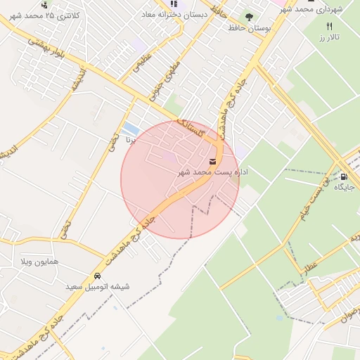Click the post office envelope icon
click(213, 162)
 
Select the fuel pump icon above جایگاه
click(344, 176)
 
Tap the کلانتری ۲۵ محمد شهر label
click(56, 15)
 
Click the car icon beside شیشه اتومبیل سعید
click(96, 276)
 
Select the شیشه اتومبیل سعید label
click(98, 287)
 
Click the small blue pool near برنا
click(131, 129)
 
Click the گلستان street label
click(192, 127)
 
